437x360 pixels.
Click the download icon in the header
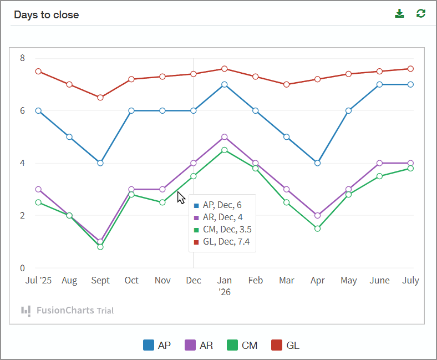pos(399,14)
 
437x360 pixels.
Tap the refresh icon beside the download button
pos(421,14)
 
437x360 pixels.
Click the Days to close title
pos(47,15)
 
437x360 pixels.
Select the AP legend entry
pos(157,345)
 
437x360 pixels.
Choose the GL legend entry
pos(286,345)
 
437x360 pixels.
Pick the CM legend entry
pos(242,345)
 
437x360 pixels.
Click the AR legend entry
pos(199,345)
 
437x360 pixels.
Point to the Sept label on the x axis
pos(100,281)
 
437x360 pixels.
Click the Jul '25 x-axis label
pos(38,281)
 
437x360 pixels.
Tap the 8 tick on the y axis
pos(22,58)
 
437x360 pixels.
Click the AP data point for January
pos(225,84)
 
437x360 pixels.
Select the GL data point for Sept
pos(100,98)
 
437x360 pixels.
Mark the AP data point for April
pos(318,163)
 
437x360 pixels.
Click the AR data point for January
pos(225,137)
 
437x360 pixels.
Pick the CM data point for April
pos(318,229)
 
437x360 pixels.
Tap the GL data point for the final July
pos(411,69)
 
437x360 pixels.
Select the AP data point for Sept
pos(100,163)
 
